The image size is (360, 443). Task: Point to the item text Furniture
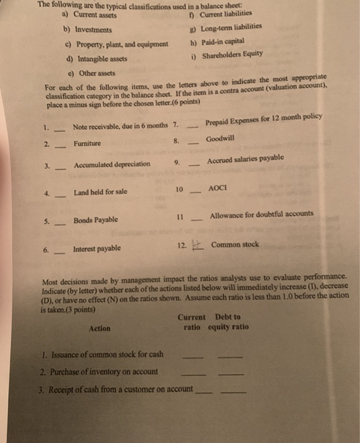87,144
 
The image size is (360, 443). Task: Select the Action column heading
99,328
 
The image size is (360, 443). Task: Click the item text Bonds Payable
96,220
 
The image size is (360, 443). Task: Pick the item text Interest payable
97,249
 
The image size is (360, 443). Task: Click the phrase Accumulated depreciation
112,164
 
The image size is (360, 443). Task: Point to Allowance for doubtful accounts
261,214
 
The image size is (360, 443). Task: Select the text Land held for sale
100,192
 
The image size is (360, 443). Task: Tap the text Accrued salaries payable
245,158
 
